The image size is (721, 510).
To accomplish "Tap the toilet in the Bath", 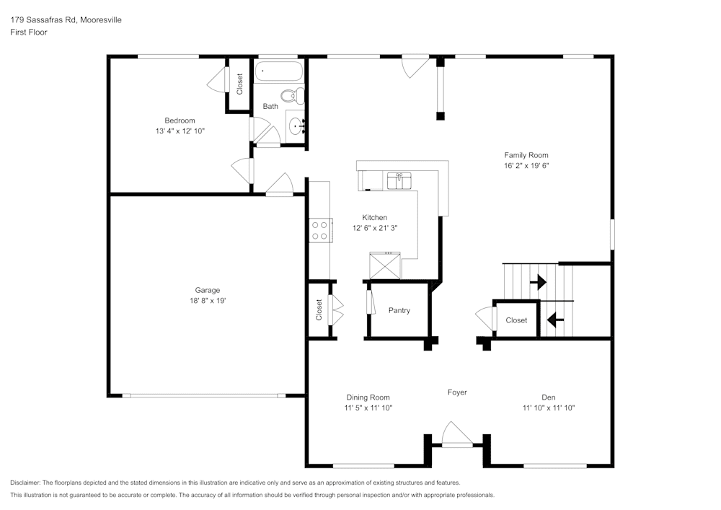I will click(x=291, y=95).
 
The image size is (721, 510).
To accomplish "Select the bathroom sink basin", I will click(x=296, y=127).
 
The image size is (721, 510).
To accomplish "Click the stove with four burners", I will click(x=319, y=230).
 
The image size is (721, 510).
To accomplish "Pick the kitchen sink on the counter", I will click(x=399, y=180).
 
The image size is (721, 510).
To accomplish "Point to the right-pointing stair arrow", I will click(x=538, y=281).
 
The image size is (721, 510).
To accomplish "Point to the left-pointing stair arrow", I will click(x=554, y=318).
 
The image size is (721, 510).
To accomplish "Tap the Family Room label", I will click(x=526, y=155).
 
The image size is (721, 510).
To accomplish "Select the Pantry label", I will click(x=399, y=310).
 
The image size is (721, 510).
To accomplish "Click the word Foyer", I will click(x=457, y=392).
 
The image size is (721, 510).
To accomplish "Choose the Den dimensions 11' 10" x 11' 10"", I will click(x=549, y=408).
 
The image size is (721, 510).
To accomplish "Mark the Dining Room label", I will click(x=368, y=397).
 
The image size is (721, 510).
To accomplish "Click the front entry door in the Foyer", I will click(x=456, y=435).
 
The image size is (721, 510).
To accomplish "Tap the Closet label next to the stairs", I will click(x=516, y=320).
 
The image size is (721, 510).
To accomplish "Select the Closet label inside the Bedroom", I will click(x=239, y=84).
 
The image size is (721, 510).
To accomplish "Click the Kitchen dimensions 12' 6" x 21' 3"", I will click(x=375, y=228).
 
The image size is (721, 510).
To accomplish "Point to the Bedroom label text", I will click(x=180, y=120).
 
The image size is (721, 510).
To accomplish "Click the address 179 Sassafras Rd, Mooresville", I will click(x=66, y=20).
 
